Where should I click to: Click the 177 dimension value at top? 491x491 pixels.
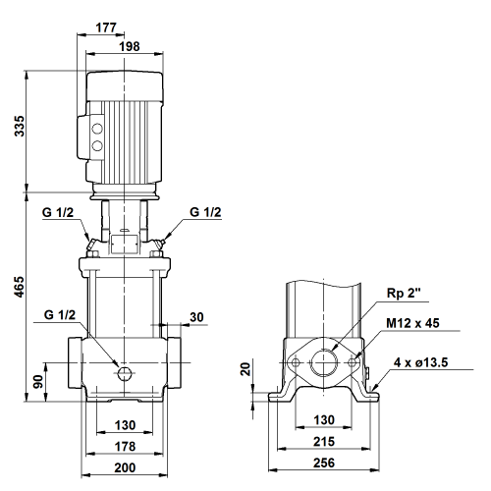[106, 27]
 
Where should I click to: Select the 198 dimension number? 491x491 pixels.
[130, 46]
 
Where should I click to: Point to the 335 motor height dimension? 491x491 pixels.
[20, 126]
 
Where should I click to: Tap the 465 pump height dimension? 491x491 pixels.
[20, 287]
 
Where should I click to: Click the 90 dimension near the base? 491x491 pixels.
[38, 382]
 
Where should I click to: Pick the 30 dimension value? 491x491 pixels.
[196, 317]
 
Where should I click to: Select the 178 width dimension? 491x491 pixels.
[125, 446]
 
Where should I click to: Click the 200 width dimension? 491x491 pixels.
[125, 467]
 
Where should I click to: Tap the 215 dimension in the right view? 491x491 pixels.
[324, 442]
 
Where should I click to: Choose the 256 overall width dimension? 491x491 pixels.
[324, 463]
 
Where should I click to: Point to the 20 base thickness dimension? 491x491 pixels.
[245, 369]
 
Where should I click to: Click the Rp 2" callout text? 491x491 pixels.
[404, 293]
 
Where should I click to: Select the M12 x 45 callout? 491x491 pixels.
[412, 323]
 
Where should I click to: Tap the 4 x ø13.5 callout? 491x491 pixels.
[420, 362]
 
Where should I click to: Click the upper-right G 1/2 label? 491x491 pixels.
[205, 212]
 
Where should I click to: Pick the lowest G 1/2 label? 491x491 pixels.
[60, 315]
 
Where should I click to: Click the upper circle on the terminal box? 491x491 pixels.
[97, 129]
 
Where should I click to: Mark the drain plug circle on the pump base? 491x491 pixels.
[125, 374]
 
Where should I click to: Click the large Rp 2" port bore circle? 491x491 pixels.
[324, 362]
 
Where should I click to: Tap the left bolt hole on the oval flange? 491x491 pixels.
[296, 362]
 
